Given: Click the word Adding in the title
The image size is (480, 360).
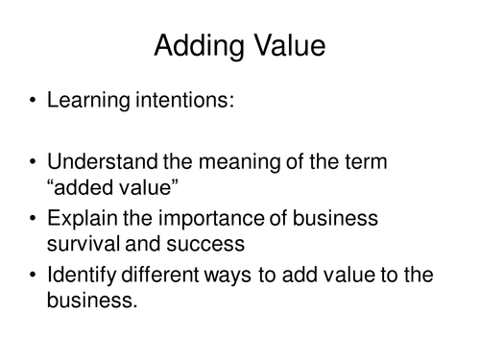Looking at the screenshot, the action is point(199,46).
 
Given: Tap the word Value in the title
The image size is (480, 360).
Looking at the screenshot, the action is point(290,45).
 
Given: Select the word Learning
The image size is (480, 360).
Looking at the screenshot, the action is point(88,100).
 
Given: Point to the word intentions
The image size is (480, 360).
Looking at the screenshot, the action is point(185,100).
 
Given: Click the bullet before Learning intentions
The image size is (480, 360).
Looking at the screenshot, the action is point(33,100).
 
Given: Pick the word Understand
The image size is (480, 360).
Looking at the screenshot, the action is point(103,161).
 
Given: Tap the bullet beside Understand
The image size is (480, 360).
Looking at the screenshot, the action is point(33,161).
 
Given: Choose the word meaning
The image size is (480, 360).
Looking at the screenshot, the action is point(239,162).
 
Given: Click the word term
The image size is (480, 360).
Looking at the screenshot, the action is point(366,161).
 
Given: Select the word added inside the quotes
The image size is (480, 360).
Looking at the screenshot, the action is point(84,186).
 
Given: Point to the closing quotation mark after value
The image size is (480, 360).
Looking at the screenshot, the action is point(175,181).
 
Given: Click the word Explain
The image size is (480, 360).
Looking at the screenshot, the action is point(83,219).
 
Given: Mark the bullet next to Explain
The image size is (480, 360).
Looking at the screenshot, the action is point(33,218).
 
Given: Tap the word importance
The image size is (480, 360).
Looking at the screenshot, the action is point(211,219).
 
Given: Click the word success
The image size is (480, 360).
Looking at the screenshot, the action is point(205,245).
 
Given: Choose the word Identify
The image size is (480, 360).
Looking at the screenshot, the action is point(82,276).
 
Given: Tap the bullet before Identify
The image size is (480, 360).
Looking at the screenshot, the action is point(33,275).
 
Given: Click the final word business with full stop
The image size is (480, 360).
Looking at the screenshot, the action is point(92,300).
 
